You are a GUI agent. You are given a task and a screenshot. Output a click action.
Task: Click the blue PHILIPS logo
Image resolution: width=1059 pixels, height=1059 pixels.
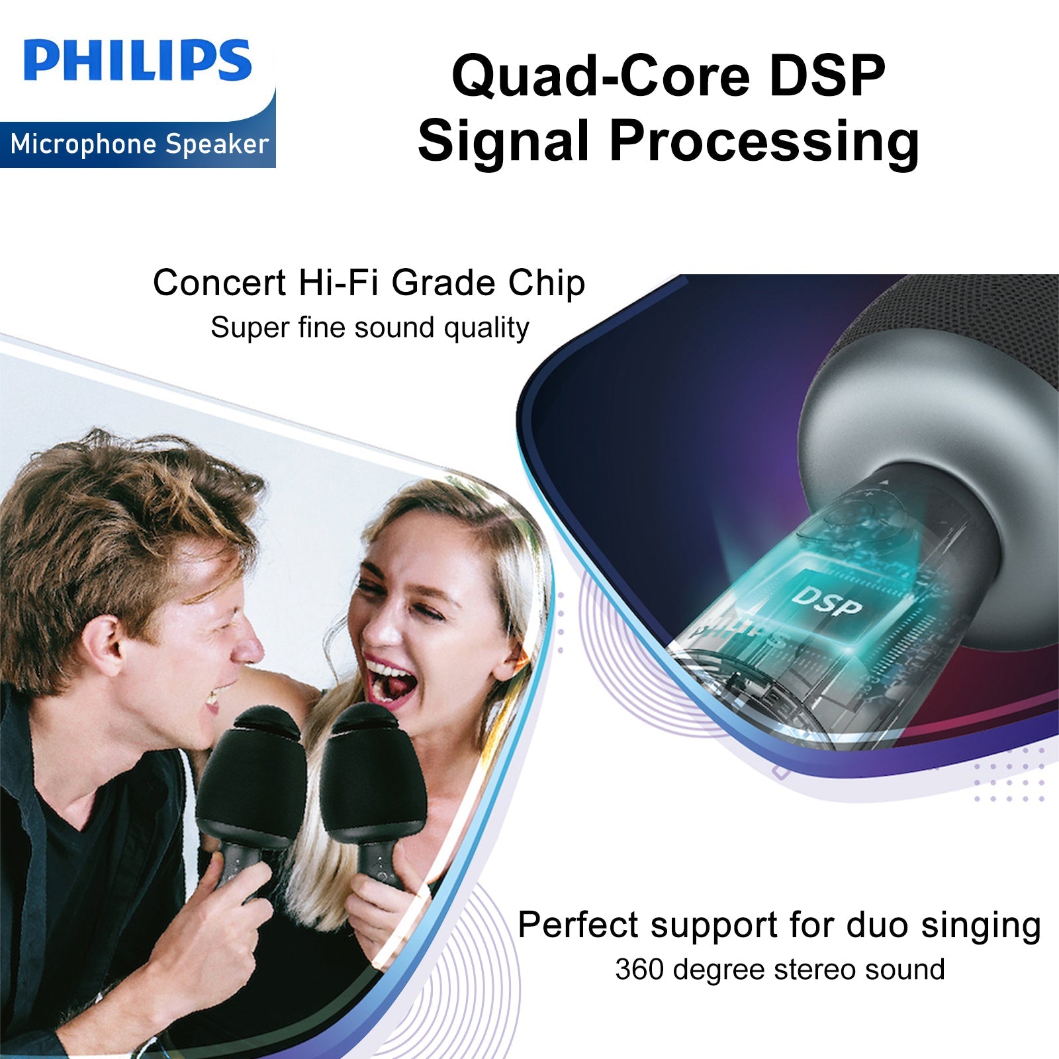138,60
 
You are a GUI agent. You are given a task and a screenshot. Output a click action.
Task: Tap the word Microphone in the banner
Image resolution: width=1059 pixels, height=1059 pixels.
84,144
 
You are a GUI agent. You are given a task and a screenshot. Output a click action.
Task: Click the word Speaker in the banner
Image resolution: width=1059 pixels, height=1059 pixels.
217,144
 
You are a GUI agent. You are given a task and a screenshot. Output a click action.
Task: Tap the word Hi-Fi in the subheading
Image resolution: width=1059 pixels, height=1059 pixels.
338,283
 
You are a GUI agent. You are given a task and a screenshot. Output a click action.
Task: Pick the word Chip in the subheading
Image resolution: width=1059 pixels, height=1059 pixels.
547,284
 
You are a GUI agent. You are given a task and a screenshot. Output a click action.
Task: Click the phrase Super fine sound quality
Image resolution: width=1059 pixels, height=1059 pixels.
370,328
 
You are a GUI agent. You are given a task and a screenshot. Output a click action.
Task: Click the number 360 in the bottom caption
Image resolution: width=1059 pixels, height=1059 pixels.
639,970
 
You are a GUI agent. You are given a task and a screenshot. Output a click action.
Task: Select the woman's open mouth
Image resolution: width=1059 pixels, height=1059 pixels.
391,682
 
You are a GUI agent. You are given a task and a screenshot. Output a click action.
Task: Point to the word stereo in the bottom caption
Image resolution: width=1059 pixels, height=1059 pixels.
815,970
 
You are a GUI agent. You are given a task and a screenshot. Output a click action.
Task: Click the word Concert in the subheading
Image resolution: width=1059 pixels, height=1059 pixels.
220,283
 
